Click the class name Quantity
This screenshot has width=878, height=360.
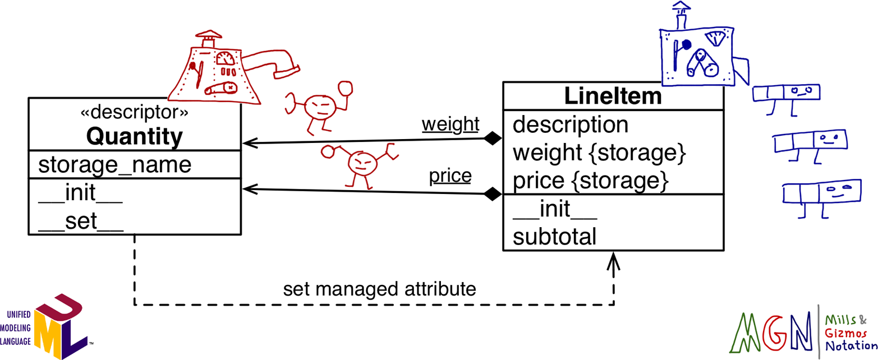coord(134,136)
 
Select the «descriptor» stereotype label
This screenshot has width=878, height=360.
coord(134,113)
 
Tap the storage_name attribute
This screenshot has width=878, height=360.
coord(114,165)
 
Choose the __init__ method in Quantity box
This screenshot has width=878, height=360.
coord(80,196)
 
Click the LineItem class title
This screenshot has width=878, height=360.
coord(613,96)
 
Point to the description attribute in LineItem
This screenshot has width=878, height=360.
coord(571,124)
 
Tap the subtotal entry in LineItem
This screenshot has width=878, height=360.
coord(554,237)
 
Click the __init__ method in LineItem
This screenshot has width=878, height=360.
coord(554,210)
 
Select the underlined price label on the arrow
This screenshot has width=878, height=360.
coord(450,177)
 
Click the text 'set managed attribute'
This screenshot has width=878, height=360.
coord(380,289)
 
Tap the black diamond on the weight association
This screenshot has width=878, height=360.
coord(493,139)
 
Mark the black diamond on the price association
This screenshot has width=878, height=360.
coord(493,195)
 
